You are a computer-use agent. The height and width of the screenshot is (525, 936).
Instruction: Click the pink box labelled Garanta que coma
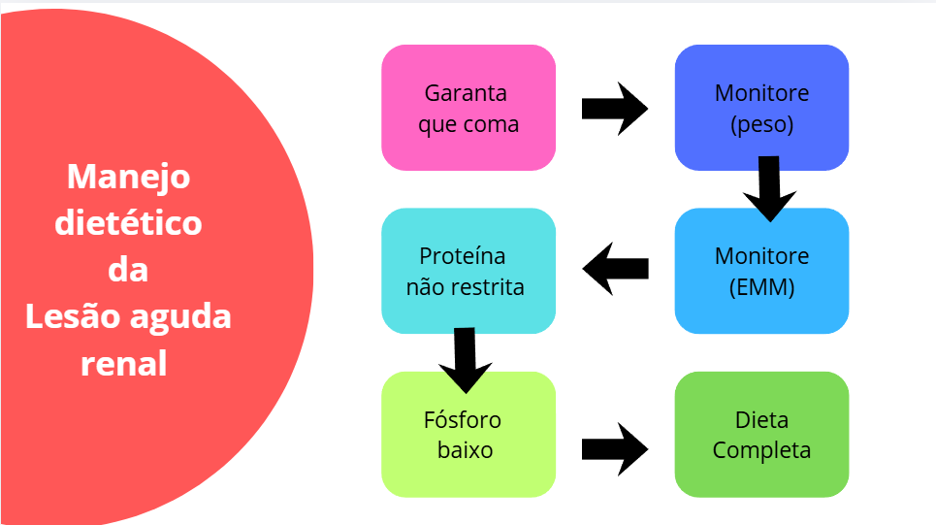pyautogui.click(x=468, y=108)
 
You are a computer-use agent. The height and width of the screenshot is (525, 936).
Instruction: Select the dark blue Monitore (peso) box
pyautogui.click(x=761, y=108)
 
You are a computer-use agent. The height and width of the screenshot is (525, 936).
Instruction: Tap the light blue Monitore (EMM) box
pyautogui.click(x=761, y=271)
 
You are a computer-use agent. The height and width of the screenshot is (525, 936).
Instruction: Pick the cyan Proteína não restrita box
pyautogui.click(x=468, y=271)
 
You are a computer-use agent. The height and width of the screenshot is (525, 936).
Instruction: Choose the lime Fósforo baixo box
pyautogui.click(x=468, y=435)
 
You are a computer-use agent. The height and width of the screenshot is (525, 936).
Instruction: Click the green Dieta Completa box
pyautogui.click(x=761, y=435)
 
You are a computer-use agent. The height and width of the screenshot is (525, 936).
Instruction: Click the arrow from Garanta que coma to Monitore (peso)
pyautogui.click(x=614, y=108)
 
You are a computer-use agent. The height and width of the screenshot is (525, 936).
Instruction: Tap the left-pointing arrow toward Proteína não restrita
pyautogui.click(x=615, y=268)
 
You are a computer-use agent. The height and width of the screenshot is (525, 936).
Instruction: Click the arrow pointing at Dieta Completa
pyautogui.click(x=614, y=448)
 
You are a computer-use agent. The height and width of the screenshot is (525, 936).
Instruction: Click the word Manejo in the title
pyautogui.click(x=129, y=177)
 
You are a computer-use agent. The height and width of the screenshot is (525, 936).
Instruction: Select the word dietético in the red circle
pyautogui.click(x=128, y=223)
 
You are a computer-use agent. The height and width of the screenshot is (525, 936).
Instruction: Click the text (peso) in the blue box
pyautogui.click(x=761, y=125)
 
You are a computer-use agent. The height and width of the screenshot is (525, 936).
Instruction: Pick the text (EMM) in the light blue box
pyautogui.click(x=761, y=288)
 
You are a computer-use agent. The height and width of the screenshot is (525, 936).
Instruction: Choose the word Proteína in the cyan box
pyautogui.click(x=463, y=256)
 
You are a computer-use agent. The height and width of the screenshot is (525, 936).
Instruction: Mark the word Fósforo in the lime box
pyautogui.click(x=463, y=420)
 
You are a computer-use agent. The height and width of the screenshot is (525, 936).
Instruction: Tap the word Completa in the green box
pyautogui.click(x=761, y=451)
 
